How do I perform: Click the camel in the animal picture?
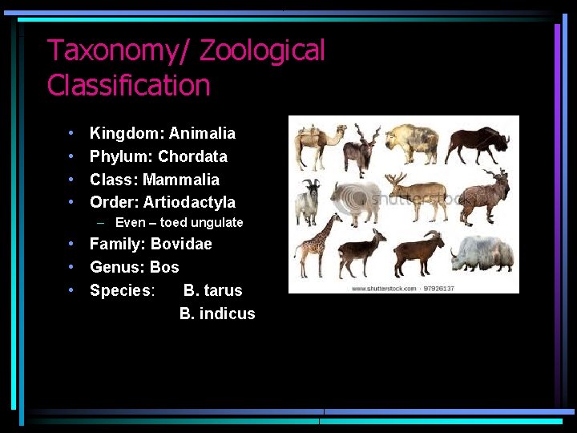(319, 145)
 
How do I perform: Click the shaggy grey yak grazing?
(481, 252)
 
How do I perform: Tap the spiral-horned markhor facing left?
(485, 196)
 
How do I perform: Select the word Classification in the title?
(128, 85)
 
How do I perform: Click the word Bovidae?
(181, 244)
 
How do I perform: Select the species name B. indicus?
(217, 314)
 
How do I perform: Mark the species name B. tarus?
(212, 290)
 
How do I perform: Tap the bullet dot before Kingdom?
(71, 133)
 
